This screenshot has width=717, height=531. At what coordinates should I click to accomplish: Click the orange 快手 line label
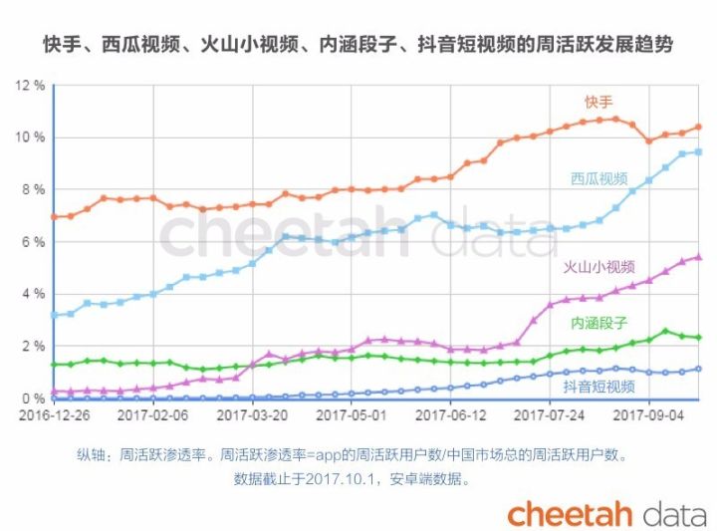tap(598, 102)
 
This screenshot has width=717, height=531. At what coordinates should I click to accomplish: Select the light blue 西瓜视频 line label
tap(599, 178)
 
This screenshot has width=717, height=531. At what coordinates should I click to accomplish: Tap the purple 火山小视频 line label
tap(599, 267)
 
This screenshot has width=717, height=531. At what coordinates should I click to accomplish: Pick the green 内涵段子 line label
tap(599, 323)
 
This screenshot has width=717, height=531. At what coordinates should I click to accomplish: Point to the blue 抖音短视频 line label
tap(599, 387)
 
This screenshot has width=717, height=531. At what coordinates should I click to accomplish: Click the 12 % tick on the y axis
tap(30, 86)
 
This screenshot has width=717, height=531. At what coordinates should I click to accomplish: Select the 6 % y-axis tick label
tap(34, 242)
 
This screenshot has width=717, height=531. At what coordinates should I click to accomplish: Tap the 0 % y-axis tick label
tap(34, 398)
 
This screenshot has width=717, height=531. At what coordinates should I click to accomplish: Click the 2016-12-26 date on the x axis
tap(55, 415)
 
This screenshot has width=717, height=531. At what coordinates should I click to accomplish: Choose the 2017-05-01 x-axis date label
tap(352, 415)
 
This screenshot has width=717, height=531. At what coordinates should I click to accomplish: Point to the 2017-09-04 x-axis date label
tap(648, 415)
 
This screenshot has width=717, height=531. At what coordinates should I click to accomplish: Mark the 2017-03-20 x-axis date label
tap(252, 415)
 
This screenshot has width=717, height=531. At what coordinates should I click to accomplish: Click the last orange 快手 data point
tap(698, 128)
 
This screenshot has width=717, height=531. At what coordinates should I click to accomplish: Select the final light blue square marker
tap(698, 151)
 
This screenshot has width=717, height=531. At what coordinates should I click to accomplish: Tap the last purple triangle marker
tap(698, 257)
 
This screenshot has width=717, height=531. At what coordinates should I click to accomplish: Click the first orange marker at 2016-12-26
tap(55, 217)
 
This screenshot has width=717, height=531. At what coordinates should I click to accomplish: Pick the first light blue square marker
tap(55, 315)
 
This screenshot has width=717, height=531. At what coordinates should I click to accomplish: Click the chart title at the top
tap(358, 45)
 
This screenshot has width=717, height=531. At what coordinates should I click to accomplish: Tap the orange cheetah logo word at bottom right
tap(570, 514)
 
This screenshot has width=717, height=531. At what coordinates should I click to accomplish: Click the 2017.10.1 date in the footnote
tap(340, 479)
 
